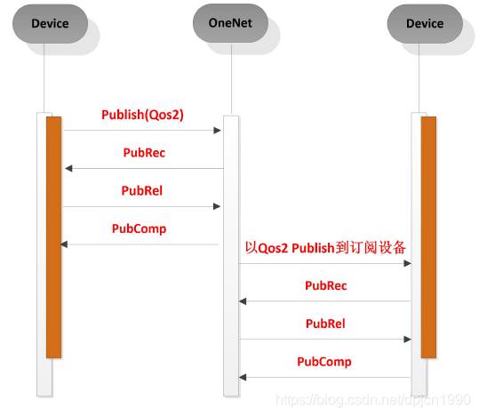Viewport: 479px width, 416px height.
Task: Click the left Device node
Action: pyautogui.click(x=50, y=23)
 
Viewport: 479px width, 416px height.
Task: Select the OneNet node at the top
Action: pyautogui.click(x=230, y=23)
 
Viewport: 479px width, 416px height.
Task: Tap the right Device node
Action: pyautogui.click(x=425, y=23)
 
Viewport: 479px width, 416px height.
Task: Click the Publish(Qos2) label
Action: pyautogui.click(x=142, y=115)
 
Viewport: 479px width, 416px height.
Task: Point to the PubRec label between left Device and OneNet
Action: pyautogui.click(x=144, y=153)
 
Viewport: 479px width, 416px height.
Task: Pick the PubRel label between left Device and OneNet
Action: pyautogui.click(x=142, y=190)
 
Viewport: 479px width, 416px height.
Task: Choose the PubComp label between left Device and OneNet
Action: pyautogui.click(x=139, y=228)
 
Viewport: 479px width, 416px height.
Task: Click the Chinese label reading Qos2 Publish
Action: pyautogui.click(x=325, y=248)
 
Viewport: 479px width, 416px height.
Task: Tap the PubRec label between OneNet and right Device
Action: pyautogui.click(x=326, y=285)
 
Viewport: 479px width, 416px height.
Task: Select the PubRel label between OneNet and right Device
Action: pyautogui.click(x=325, y=324)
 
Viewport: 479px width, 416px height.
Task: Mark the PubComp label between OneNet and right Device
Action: pyautogui.click(x=324, y=362)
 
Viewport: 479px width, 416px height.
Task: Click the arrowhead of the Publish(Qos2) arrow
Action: pyautogui.click(x=217, y=131)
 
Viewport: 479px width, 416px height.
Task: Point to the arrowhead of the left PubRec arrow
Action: pyautogui.click(x=68, y=168)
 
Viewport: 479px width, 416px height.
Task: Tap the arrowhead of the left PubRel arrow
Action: pyautogui.click(x=217, y=206)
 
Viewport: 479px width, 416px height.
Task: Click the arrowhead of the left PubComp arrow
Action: pyautogui.click(x=64, y=244)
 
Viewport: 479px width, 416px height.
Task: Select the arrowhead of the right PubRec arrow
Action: pyautogui.click(x=243, y=301)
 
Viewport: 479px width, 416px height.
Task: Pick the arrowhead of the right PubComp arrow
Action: pyautogui.click(x=243, y=378)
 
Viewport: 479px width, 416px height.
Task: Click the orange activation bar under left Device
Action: pyautogui.click(x=53, y=237)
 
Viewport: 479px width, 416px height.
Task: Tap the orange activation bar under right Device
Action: pyautogui.click(x=428, y=237)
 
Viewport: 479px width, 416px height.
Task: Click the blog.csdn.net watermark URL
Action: pyautogui.click(x=373, y=400)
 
